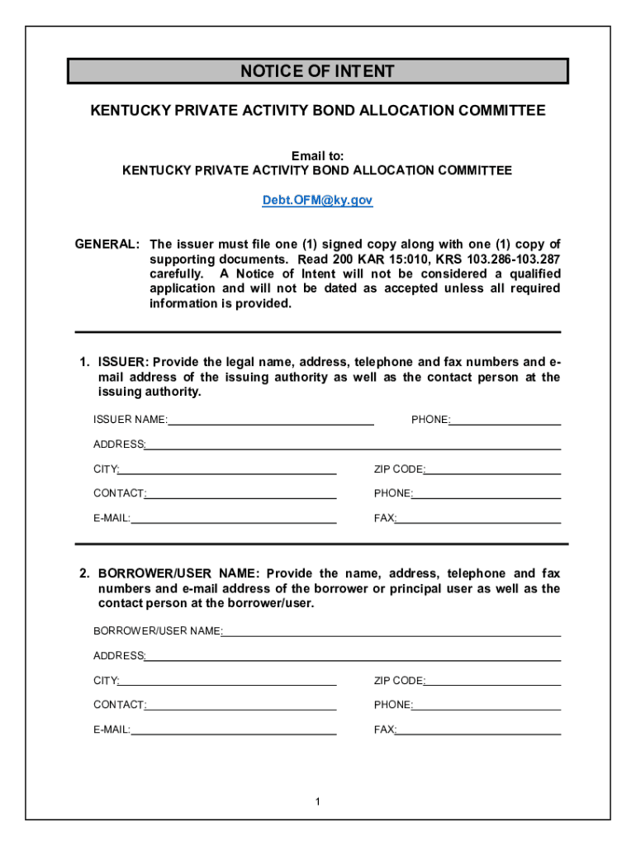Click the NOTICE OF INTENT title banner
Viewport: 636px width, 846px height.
[x=317, y=71]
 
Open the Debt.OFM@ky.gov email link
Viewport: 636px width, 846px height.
[x=317, y=201]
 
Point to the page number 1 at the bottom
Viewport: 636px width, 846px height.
[x=317, y=801]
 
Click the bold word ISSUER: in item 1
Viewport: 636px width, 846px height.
[x=123, y=362]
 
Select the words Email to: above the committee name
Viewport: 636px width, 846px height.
[x=317, y=156]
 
